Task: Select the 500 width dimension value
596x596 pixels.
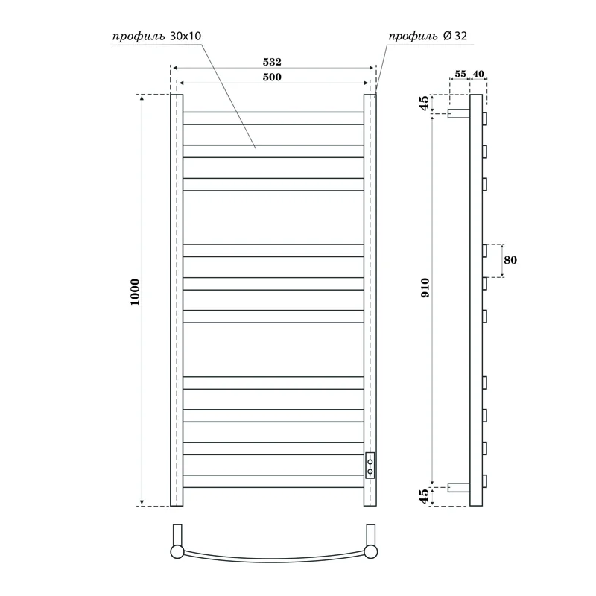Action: click(271, 77)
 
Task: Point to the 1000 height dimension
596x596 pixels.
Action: click(135, 298)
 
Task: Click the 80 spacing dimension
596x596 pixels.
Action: click(510, 260)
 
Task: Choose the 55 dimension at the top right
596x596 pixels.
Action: click(460, 74)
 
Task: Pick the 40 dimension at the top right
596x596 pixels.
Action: click(478, 74)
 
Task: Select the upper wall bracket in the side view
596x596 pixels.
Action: click(457, 115)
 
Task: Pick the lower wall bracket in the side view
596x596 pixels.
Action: click(457, 488)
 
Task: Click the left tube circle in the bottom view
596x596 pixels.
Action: click(177, 552)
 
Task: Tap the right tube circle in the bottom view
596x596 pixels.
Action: click(370, 552)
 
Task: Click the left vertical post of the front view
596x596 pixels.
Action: click(177, 298)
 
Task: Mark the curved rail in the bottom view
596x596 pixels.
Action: click(273, 562)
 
